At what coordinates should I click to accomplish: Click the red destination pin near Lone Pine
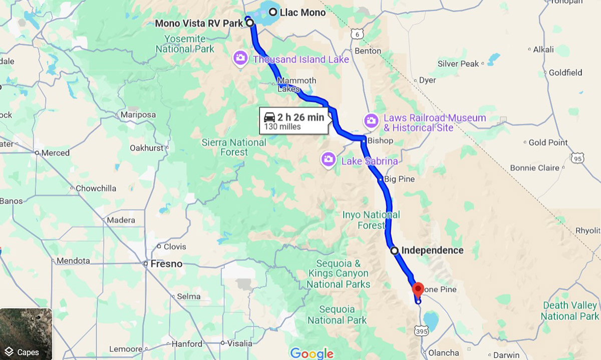point(418,289)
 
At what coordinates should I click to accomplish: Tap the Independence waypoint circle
point(395,250)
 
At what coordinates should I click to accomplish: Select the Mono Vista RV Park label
point(199,24)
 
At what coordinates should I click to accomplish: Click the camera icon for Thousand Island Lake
point(240,58)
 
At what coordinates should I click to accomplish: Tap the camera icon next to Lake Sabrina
point(328,160)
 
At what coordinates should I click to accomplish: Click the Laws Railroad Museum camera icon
point(371,121)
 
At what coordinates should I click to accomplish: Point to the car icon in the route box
point(269,117)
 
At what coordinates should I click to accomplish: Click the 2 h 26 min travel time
point(301,118)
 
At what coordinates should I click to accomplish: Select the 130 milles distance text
point(282,127)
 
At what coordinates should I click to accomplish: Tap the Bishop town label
point(380,141)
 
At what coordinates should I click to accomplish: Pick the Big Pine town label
point(400,179)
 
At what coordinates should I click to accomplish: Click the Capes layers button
point(26,334)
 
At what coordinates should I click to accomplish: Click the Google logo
point(312,353)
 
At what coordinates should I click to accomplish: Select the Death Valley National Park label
point(570,311)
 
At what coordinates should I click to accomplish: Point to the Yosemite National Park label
point(185,44)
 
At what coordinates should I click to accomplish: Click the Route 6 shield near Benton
point(357,34)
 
